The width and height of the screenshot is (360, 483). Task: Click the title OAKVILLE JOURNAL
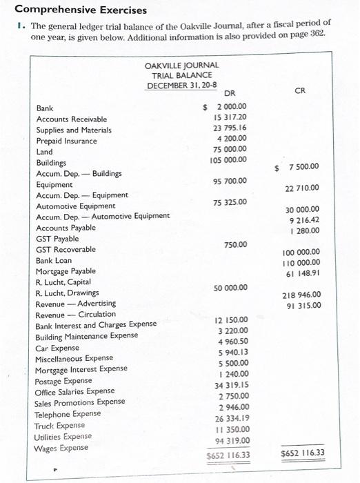pos(182,65)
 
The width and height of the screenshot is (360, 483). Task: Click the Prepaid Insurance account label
pos(66,141)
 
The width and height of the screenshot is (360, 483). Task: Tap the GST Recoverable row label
pos(66,249)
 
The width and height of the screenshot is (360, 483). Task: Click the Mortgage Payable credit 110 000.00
pos(301,263)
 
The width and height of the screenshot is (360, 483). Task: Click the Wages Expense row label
pos(61,448)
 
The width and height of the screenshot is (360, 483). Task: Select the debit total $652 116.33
pos(228,455)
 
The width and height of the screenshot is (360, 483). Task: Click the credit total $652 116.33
pos(303,453)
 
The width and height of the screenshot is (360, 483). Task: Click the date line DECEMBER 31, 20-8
pos(182,85)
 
